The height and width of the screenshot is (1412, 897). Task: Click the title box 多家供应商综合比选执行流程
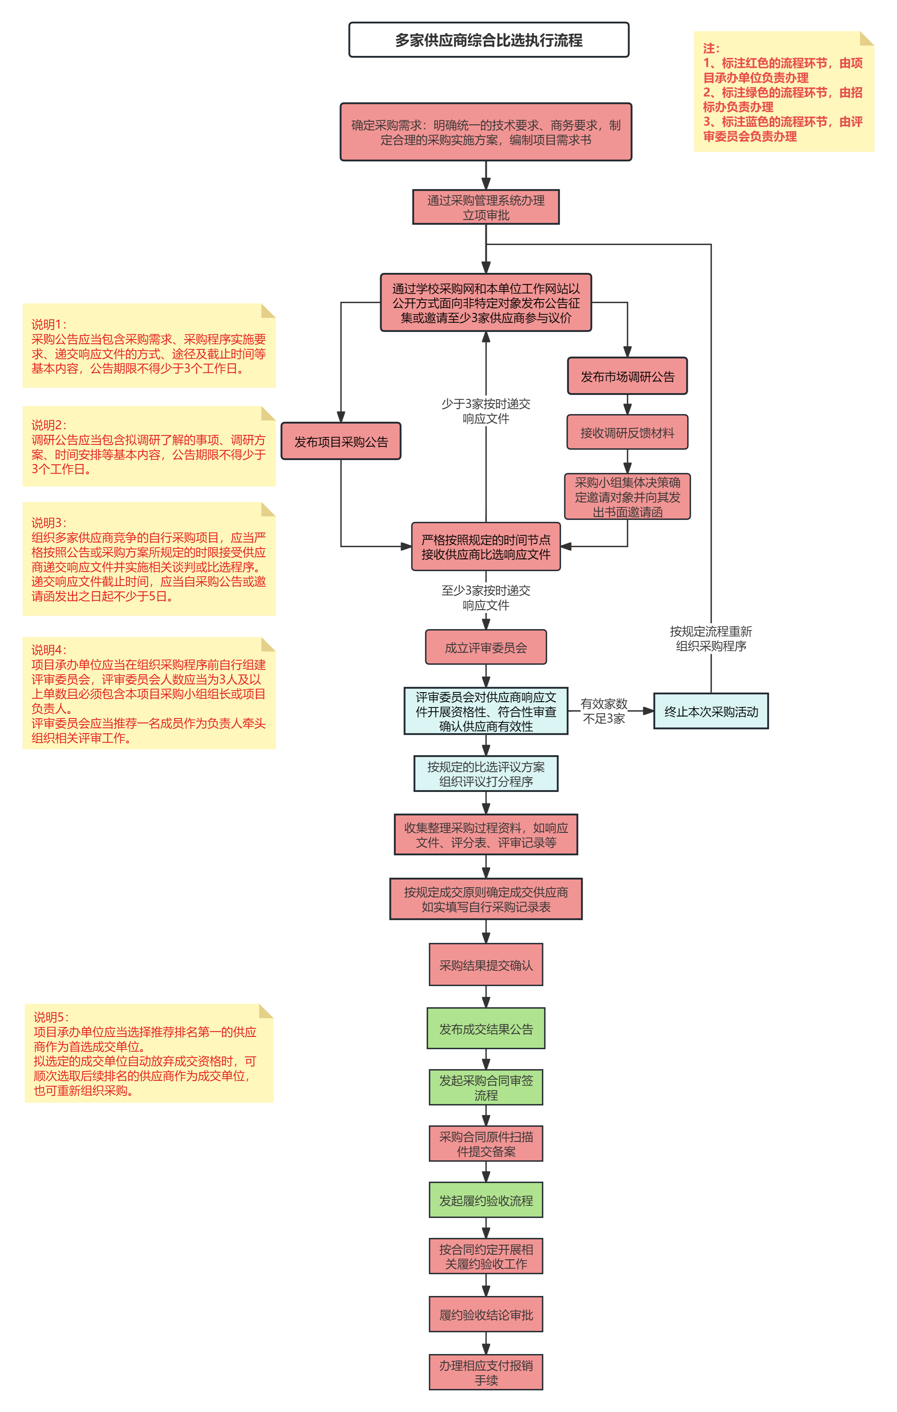(489, 40)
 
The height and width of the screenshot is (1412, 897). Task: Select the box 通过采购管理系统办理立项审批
(486, 207)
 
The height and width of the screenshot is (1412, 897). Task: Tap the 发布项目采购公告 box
(341, 441)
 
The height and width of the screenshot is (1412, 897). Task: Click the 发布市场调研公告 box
(627, 376)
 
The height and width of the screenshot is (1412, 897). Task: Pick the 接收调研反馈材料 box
(627, 432)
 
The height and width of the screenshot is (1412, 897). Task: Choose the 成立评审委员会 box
(486, 647)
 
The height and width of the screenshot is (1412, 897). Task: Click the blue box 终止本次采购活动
(711, 711)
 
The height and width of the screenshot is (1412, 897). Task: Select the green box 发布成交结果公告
(486, 1028)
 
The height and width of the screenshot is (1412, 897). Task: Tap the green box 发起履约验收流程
(486, 1200)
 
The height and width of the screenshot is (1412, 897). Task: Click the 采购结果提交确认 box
(486, 964)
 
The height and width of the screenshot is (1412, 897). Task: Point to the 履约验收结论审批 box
(486, 1315)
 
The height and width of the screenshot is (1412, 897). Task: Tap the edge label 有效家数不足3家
(604, 711)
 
